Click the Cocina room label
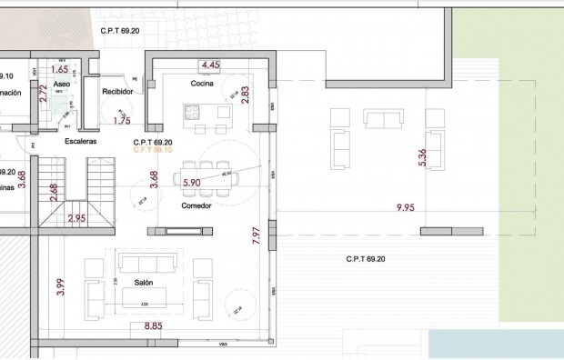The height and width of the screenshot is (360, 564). [201, 84]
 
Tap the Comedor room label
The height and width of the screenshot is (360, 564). [196, 205]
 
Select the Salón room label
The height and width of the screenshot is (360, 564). [144, 283]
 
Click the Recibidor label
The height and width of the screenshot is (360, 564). [117, 91]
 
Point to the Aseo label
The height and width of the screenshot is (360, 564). [62, 84]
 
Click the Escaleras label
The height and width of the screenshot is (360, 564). [80, 142]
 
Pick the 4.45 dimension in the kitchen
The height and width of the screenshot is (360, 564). [211, 65]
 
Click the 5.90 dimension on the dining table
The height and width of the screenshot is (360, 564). [192, 183]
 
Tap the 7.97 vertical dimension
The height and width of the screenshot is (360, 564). [257, 237]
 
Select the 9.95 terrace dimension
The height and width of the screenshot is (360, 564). [406, 208]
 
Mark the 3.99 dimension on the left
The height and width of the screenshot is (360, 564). [61, 287]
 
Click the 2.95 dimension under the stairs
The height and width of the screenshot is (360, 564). [76, 218]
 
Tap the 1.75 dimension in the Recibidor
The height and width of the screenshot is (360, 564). [121, 120]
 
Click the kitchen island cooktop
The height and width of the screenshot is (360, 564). [193, 113]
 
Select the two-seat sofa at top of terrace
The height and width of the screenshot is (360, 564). [383, 118]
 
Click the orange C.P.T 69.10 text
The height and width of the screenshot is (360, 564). [153, 151]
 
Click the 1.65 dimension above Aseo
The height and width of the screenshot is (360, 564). [60, 69]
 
